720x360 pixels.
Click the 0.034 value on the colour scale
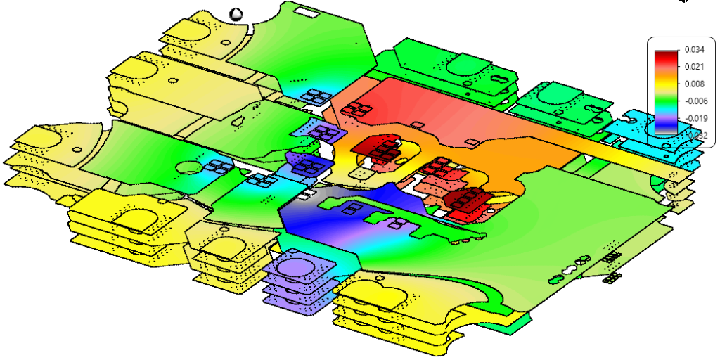pos(692,51)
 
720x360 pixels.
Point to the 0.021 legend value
pos(692,67)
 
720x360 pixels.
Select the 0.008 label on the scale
pos(692,84)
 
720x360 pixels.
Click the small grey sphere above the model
pos(236,13)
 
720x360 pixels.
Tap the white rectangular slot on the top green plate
pos(305,12)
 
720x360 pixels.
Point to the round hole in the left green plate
pos(188,168)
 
